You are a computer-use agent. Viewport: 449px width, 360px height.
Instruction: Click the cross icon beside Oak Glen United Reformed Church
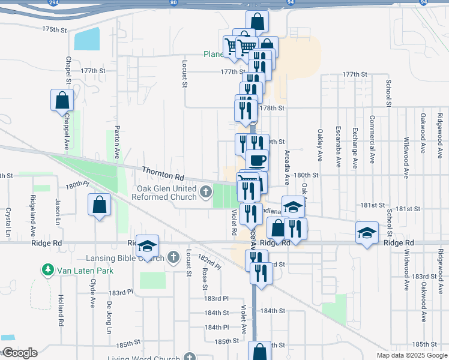206,192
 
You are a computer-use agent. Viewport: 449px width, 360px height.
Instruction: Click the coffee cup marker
258,161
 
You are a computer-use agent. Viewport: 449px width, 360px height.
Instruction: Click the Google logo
19,353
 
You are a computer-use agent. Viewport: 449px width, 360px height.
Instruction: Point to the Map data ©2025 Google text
411,355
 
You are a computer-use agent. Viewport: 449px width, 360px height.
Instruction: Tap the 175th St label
53,29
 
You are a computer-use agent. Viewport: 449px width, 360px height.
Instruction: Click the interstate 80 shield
173,3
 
